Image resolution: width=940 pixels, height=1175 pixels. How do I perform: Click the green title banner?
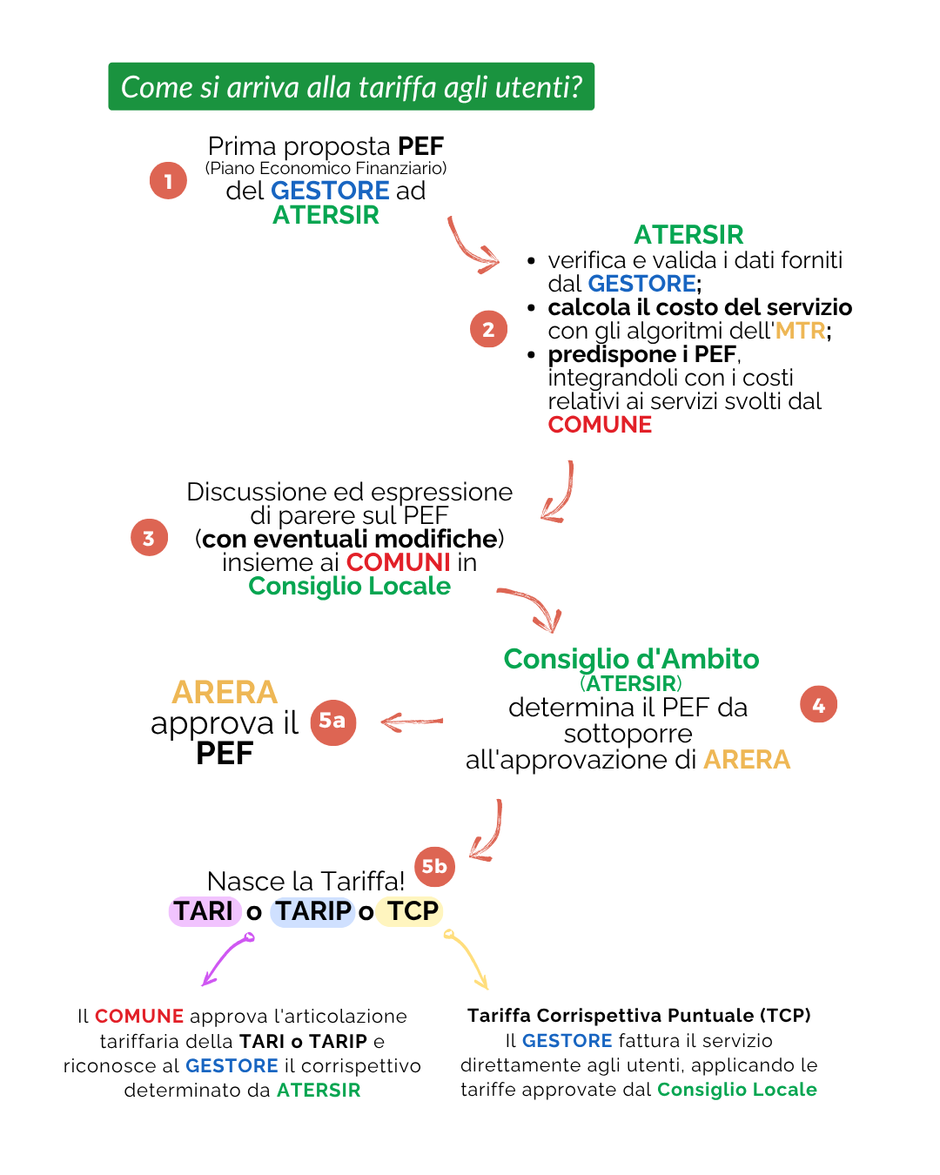pyautogui.click(x=351, y=86)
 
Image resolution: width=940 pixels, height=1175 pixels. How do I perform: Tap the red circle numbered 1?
pyautogui.click(x=168, y=181)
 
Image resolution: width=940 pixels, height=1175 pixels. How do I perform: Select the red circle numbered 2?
pyautogui.click(x=488, y=329)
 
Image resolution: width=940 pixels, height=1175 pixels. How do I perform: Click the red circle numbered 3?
pyautogui.click(x=149, y=538)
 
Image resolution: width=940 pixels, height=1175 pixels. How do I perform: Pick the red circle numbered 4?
pyautogui.click(x=818, y=704)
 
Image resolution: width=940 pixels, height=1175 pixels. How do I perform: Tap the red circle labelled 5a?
pyautogui.click(x=332, y=722)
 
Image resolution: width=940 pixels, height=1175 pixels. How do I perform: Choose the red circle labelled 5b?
pyautogui.click(x=434, y=866)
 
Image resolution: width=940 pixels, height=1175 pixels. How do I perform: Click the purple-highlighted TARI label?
pyautogui.click(x=204, y=911)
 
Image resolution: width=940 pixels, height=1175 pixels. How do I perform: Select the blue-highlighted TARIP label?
pyautogui.click(x=312, y=911)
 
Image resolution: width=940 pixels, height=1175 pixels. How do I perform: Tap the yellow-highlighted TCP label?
pyautogui.click(x=412, y=911)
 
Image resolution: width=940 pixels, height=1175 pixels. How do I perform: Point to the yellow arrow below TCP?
pyautogui.click(x=467, y=960)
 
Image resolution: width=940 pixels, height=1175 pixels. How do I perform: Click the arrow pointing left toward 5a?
pyautogui.click(x=412, y=722)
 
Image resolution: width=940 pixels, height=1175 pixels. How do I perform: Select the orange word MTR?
pyautogui.click(x=800, y=331)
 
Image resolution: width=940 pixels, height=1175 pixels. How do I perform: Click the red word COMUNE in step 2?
pyautogui.click(x=600, y=425)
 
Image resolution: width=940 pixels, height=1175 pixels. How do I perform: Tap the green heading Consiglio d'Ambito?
pyautogui.click(x=631, y=659)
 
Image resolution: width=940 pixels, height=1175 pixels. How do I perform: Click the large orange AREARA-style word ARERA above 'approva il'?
pyautogui.click(x=225, y=692)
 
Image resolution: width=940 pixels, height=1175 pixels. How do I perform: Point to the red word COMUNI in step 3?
pyautogui.click(x=398, y=562)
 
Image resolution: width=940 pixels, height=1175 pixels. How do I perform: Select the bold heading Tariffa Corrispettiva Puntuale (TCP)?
pyautogui.click(x=639, y=1016)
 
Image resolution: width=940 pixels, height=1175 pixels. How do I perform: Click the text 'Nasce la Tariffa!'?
pyautogui.click(x=305, y=881)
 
